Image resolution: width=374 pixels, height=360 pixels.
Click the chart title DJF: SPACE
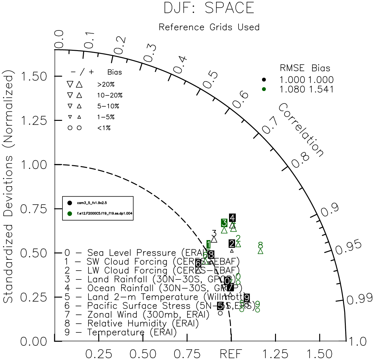(209, 8)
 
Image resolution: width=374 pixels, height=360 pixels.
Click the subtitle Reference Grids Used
(209, 27)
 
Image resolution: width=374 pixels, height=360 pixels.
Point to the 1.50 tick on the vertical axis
(33, 77)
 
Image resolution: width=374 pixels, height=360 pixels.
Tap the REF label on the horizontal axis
(231, 354)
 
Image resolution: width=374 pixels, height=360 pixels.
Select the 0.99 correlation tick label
(360, 299)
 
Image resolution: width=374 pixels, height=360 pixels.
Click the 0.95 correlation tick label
(348, 248)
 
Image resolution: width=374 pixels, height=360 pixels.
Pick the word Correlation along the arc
(301, 130)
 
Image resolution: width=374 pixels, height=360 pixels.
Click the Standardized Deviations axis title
(9, 188)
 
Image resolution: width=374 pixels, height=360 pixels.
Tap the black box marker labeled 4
(233, 218)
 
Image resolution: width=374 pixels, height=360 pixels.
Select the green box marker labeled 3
(224, 223)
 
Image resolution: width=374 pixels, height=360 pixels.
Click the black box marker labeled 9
(246, 298)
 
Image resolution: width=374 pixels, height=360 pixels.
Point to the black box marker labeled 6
(198, 263)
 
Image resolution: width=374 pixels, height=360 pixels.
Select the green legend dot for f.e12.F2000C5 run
(69, 214)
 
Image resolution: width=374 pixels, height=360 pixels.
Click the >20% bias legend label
(106, 85)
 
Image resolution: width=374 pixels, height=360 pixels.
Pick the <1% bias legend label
(104, 128)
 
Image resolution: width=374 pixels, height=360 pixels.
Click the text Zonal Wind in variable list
(112, 315)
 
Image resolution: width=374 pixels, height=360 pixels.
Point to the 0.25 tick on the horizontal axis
(99, 354)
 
